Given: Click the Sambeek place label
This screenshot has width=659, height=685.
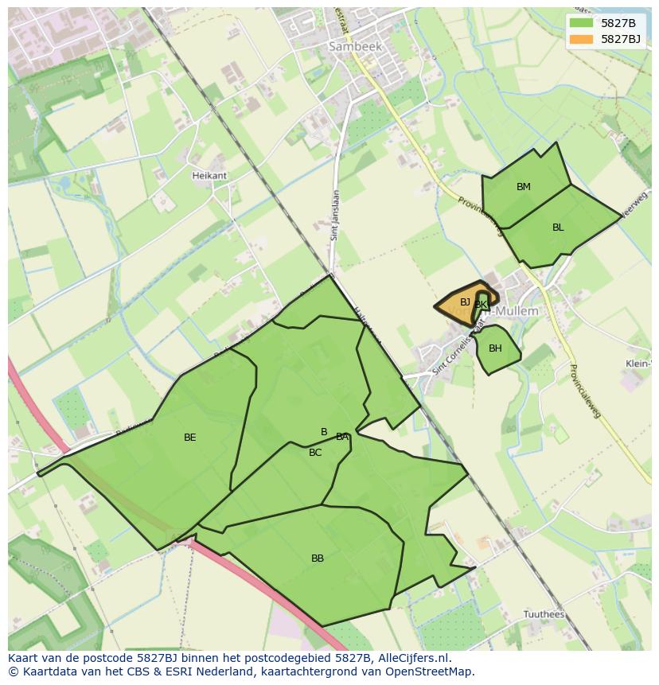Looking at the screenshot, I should pyautogui.click(x=355, y=47).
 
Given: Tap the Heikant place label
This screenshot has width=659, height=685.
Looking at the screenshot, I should pyautogui.click(x=209, y=175).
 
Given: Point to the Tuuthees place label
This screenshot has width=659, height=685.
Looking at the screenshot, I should pyautogui.click(x=544, y=614).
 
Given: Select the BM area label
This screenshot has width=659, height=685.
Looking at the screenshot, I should pyautogui.click(x=523, y=187).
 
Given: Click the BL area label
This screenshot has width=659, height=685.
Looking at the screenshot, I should pyautogui.click(x=558, y=228).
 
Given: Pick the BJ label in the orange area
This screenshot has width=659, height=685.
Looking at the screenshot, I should pyautogui.click(x=465, y=302).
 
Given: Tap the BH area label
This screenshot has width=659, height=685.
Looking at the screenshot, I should pyautogui.click(x=495, y=348).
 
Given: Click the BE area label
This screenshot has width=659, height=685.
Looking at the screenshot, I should pyautogui.click(x=189, y=438).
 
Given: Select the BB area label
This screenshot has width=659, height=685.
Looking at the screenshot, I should pyautogui.click(x=318, y=559).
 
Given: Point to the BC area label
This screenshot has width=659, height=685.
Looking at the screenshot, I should pyautogui.click(x=315, y=453).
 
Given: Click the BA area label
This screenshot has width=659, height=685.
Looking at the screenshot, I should pyautogui.click(x=342, y=437).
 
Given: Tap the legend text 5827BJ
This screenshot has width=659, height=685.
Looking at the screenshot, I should pyautogui.click(x=622, y=38).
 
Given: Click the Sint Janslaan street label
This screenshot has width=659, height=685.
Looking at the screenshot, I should pyautogui.click(x=335, y=215).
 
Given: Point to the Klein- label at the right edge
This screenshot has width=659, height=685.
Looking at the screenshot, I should pyautogui.click(x=639, y=364).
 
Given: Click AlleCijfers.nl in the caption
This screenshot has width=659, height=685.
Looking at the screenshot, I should pyautogui.click(x=411, y=658).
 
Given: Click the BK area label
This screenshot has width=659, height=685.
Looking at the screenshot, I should pyautogui.click(x=481, y=305).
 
